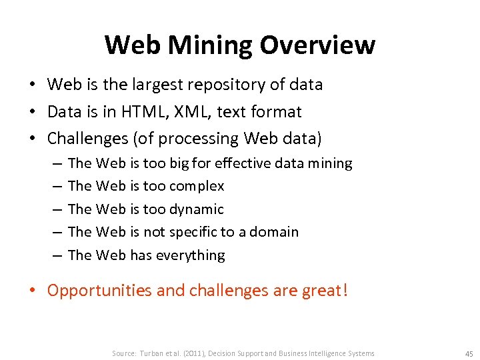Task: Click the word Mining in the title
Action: click(x=211, y=45)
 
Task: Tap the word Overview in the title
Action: click(x=317, y=45)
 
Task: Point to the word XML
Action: click(x=192, y=111)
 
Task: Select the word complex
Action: click(x=197, y=186)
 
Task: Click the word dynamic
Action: click(x=197, y=209)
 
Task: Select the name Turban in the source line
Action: click(x=153, y=353)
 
